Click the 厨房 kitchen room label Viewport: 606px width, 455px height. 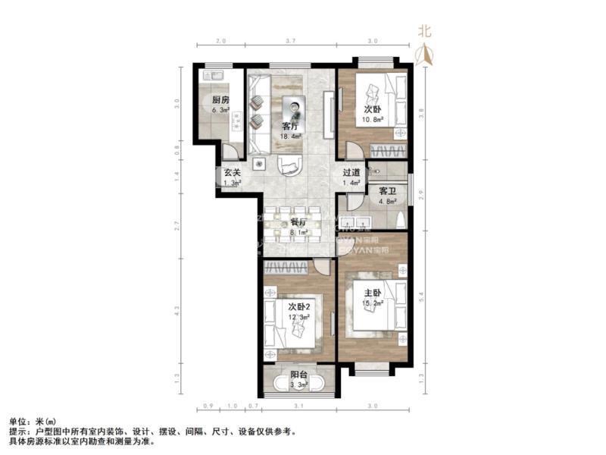tap(220, 100)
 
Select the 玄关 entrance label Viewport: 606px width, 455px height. tap(232, 173)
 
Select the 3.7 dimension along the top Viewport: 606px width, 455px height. tap(290, 40)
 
